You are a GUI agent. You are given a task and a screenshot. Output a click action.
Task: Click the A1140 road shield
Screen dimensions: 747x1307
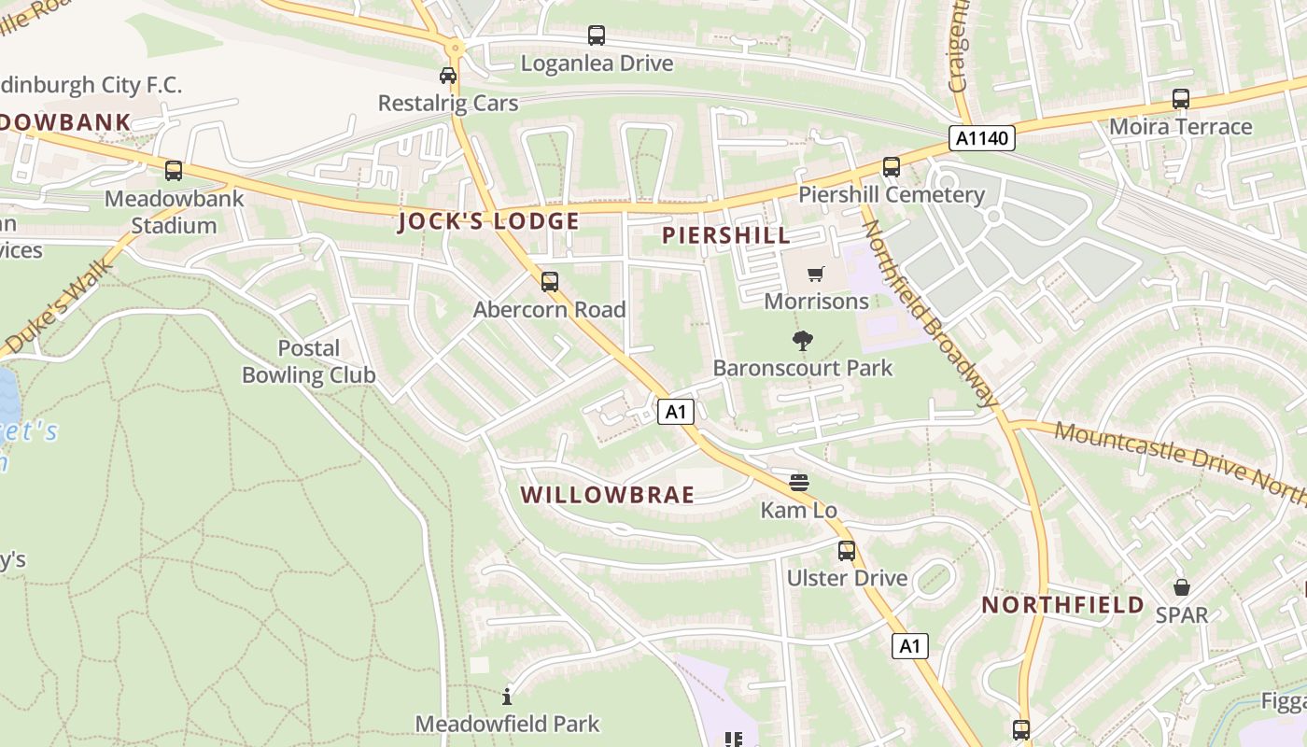click(x=982, y=138)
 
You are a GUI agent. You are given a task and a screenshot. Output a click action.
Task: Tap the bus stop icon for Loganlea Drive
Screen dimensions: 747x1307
click(x=597, y=35)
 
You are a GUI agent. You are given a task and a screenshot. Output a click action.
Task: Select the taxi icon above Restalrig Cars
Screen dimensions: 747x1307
click(x=448, y=76)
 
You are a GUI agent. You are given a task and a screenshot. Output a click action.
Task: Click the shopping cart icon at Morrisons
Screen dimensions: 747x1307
click(x=816, y=274)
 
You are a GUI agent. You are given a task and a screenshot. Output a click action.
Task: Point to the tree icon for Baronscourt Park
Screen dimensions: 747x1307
click(x=802, y=341)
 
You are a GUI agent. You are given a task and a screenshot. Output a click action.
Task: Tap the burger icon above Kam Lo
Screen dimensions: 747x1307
click(x=798, y=483)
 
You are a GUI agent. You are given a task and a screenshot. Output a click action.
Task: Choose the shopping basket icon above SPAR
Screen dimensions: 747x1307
click(x=1181, y=587)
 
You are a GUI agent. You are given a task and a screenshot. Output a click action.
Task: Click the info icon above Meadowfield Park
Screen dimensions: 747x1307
click(x=507, y=696)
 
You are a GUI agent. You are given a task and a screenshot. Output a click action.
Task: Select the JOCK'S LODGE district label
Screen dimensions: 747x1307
click(x=488, y=221)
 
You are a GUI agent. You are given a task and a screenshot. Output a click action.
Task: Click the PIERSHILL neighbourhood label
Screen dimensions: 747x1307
click(x=726, y=235)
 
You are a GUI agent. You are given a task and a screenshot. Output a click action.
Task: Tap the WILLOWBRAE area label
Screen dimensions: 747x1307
click(x=607, y=495)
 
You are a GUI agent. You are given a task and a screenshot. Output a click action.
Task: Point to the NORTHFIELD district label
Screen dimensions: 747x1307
click(x=1062, y=604)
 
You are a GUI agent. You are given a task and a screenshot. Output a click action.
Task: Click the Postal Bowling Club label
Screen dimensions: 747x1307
click(x=308, y=361)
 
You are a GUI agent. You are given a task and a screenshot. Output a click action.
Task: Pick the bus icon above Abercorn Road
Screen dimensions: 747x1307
click(x=550, y=281)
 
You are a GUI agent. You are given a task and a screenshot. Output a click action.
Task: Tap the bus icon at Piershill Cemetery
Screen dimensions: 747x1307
click(x=892, y=167)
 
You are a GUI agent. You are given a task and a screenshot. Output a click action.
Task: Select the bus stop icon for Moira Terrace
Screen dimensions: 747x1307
click(x=1181, y=99)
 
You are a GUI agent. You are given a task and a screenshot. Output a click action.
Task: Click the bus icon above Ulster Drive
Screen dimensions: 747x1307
click(x=847, y=551)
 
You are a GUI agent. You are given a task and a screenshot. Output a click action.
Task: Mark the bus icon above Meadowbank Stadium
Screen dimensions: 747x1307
click(x=174, y=171)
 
